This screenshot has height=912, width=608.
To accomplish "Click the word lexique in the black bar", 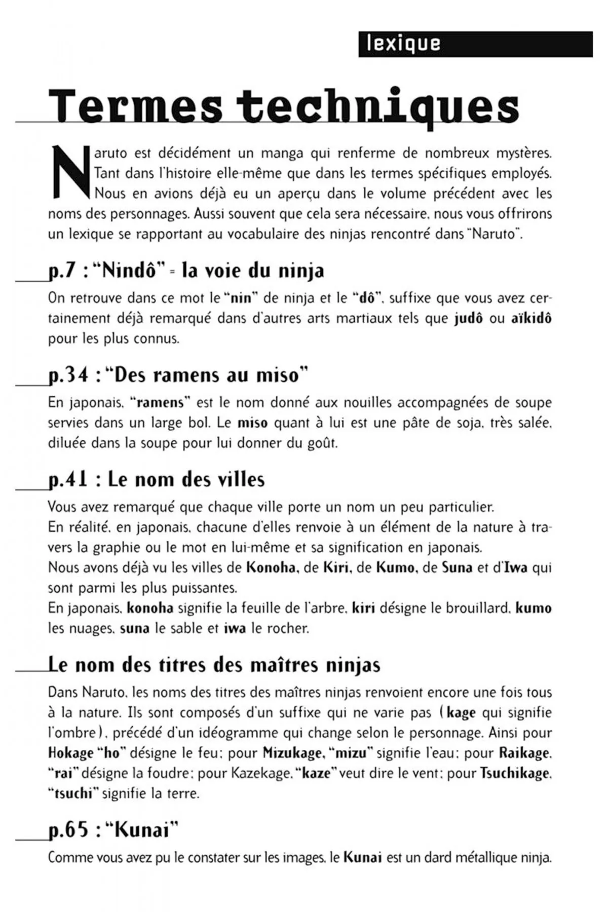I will pos(403,44).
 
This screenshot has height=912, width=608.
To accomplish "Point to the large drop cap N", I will pos(70,172).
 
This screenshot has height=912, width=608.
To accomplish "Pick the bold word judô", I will pos(469,319).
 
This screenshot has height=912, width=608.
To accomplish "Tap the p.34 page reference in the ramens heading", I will pos(68,375).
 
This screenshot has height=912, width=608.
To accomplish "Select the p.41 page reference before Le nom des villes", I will pos(68,479).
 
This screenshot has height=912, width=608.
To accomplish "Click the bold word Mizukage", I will pos(292,753).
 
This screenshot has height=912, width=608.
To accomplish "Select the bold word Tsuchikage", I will pos(514,773).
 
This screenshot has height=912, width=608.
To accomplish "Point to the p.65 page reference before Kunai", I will pos(68,830).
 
